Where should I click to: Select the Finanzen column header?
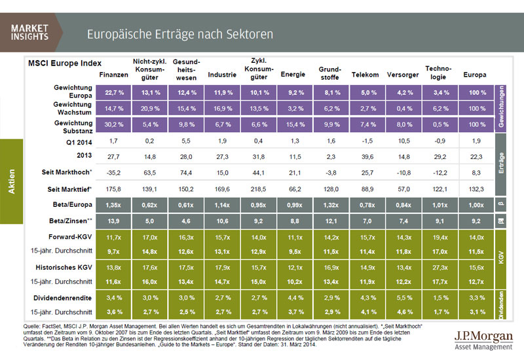(113, 75)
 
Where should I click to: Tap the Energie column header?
(293, 75)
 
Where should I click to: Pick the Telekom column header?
(365, 75)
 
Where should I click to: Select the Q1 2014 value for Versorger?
(401, 141)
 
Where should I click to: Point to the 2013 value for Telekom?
(365, 157)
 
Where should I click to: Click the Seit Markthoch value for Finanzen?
(113, 173)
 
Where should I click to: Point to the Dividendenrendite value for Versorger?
(401, 298)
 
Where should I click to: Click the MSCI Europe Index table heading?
(65, 63)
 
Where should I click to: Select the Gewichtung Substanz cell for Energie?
(293, 124)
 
